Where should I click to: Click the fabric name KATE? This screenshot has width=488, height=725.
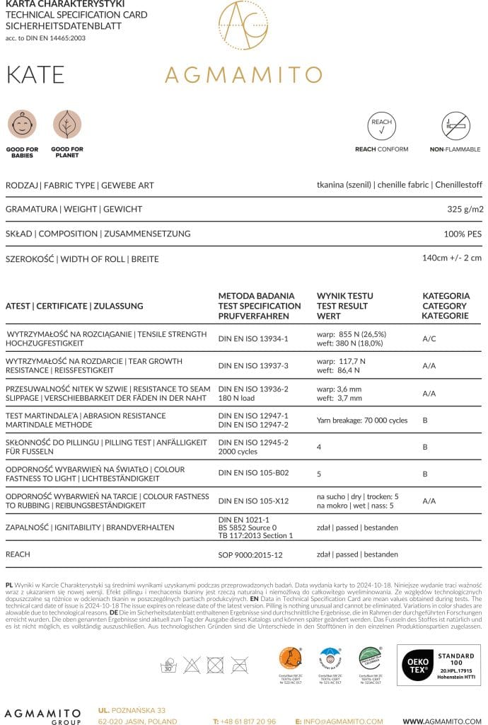click(x=35, y=74)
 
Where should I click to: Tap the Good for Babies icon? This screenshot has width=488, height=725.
click(x=22, y=125)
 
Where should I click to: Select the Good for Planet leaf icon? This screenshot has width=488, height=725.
click(x=67, y=125)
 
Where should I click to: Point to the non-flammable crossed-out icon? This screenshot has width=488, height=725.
click(x=455, y=125)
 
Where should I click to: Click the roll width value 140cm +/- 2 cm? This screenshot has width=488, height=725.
click(x=451, y=258)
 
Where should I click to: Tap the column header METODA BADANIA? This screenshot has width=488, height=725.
click(x=256, y=296)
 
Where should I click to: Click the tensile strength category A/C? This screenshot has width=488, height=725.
click(x=429, y=339)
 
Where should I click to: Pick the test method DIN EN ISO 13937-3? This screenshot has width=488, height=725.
click(x=253, y=366)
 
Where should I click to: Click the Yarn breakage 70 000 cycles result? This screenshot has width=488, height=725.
click(x=362, y=421)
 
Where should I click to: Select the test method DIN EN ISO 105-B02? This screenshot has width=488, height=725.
click(x=253, y=474)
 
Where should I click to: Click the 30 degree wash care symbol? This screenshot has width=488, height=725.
click(x=168, y=665)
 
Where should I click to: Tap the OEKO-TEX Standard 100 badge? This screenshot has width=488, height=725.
click(x=438, y=665)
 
